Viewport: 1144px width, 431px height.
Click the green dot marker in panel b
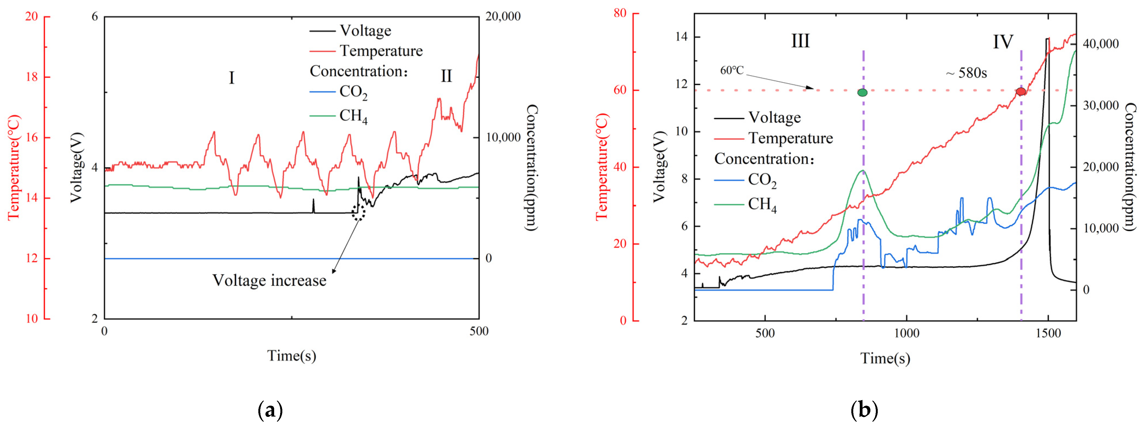(862, 92)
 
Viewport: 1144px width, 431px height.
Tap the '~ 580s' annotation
(966, 73)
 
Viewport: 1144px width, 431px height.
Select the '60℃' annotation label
(731, 70)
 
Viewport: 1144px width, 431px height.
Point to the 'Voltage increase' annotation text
(269, 281)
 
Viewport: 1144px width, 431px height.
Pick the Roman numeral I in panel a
(231, 78)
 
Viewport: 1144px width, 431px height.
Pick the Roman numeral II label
(446, 76)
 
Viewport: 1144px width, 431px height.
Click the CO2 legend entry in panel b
(762, 180)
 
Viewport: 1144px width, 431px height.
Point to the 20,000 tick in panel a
(503, 16)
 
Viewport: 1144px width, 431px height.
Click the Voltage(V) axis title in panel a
(77, 167)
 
